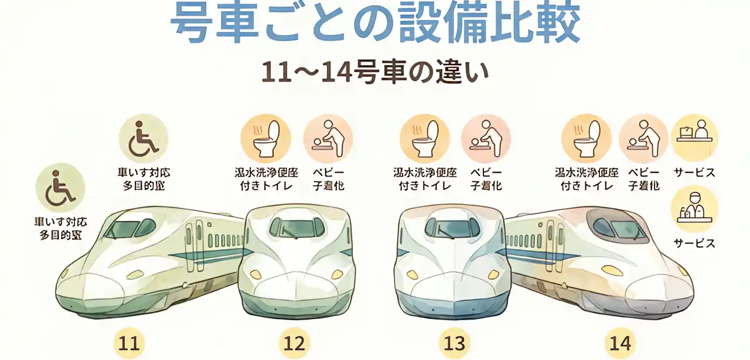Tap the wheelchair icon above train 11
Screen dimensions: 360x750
tap(144, 138)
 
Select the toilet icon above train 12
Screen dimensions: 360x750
tap(265, 138)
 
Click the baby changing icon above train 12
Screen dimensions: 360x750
tap(328, 138)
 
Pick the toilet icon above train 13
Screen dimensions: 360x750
tap(425, 138)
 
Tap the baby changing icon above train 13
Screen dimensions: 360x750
tap(486, 138)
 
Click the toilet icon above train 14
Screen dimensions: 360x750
tap(586, 138)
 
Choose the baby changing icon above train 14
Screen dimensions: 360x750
tap(643, 138)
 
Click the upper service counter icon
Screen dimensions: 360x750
tap(694, 137)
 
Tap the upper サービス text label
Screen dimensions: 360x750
tap(694, 173)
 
